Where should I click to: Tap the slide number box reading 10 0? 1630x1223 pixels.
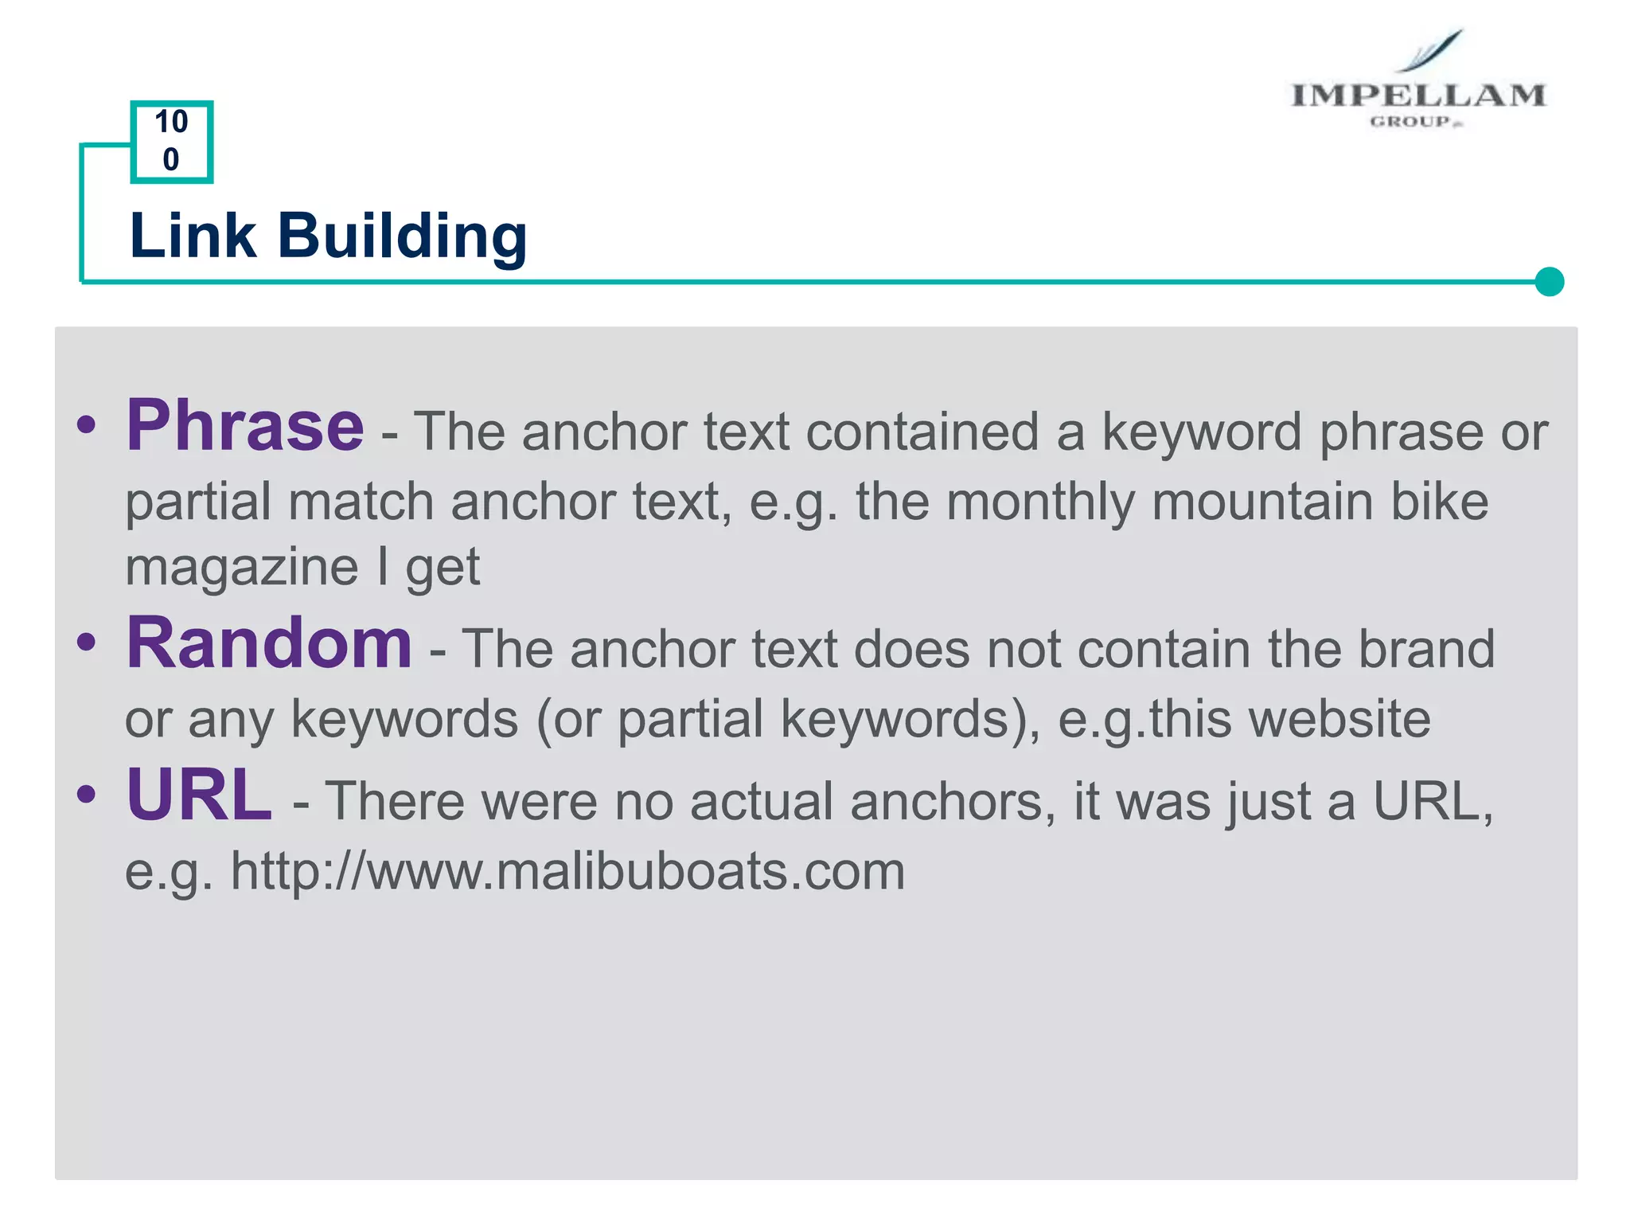tap(171, 142)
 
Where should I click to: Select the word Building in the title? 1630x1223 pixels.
tap(402, 238)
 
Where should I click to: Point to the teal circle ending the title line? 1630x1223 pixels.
tap(1549, 282)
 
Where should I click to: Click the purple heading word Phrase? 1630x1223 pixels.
tap(245, 426)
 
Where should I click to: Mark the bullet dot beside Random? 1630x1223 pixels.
tap(87, 642)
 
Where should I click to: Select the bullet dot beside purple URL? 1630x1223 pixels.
tap(87, 794)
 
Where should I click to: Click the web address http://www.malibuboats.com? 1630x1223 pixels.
tap(567, 871)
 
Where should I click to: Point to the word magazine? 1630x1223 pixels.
tap(242, 567)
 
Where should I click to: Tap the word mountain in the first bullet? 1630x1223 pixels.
tap(1262, 502)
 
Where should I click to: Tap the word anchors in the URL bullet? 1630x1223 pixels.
tap(946, 802)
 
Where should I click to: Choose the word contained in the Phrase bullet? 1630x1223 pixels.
tap(922, 432)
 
